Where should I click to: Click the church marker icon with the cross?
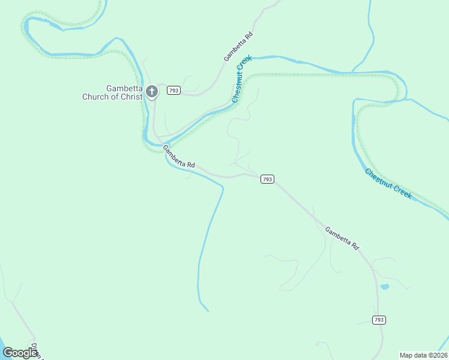152,92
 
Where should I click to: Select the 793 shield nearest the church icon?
173,91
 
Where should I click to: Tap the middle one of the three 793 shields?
268,179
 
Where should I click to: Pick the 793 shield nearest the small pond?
378,320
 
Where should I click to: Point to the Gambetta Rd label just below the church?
179,157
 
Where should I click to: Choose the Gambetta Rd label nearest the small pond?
342,238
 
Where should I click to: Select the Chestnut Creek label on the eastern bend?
388,184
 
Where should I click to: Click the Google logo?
20,353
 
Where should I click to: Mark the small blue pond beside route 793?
385,287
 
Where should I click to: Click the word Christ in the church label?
132,96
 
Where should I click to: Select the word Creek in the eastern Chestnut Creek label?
400,191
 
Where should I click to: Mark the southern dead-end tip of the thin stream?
208,311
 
